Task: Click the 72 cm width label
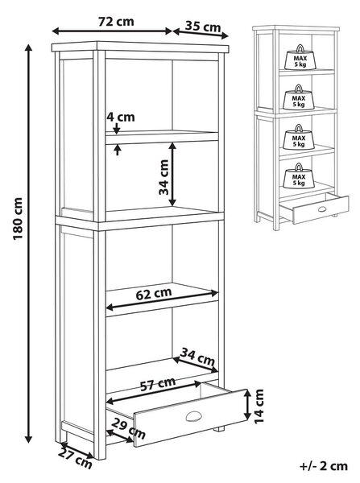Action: point(116,22)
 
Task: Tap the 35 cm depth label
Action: point(203,27)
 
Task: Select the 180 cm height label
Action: point(19,219)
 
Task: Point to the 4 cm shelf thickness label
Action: point(121,117)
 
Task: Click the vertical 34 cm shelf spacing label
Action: point(163,177)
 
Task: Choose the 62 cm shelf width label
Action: point(154,294)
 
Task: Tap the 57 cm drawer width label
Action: point(158,384)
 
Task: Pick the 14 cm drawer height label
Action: point(259,407)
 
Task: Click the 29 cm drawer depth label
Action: point(128,428)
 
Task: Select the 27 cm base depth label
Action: point(75,459)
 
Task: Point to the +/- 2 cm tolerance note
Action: point(323,466)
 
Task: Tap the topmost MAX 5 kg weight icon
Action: point(300,58)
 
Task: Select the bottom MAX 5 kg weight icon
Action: point(298,176)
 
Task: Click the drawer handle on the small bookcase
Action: point(322,209)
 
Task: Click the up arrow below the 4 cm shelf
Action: point(117,151)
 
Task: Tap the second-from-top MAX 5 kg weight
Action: point(299,97)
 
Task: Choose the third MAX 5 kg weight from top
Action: point(298,137)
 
